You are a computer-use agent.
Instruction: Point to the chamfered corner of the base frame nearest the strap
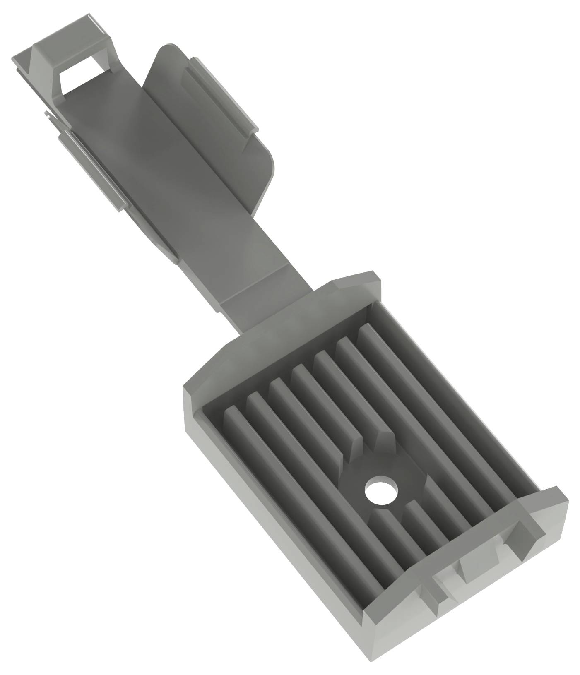[356, 281]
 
